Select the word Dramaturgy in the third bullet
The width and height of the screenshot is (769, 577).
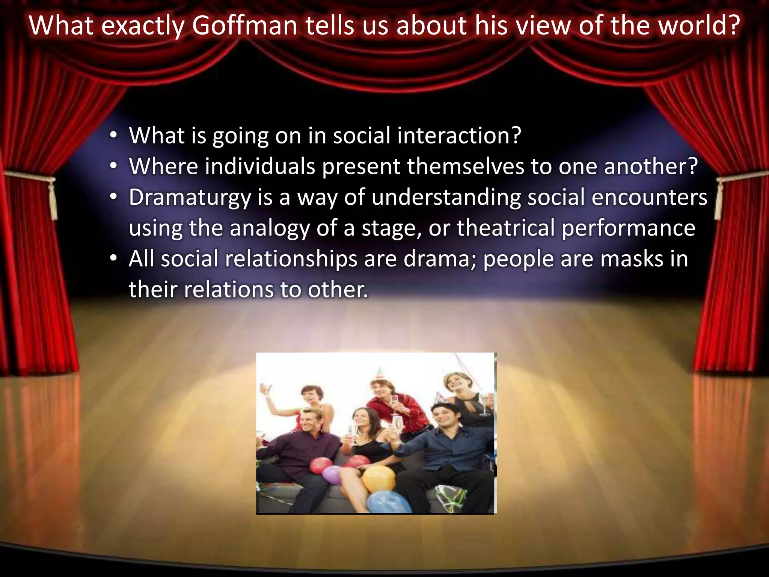tap(190, 198)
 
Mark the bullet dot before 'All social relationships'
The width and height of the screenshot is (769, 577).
tap(114, 259)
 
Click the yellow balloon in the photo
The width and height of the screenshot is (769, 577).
tap(378, 479)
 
